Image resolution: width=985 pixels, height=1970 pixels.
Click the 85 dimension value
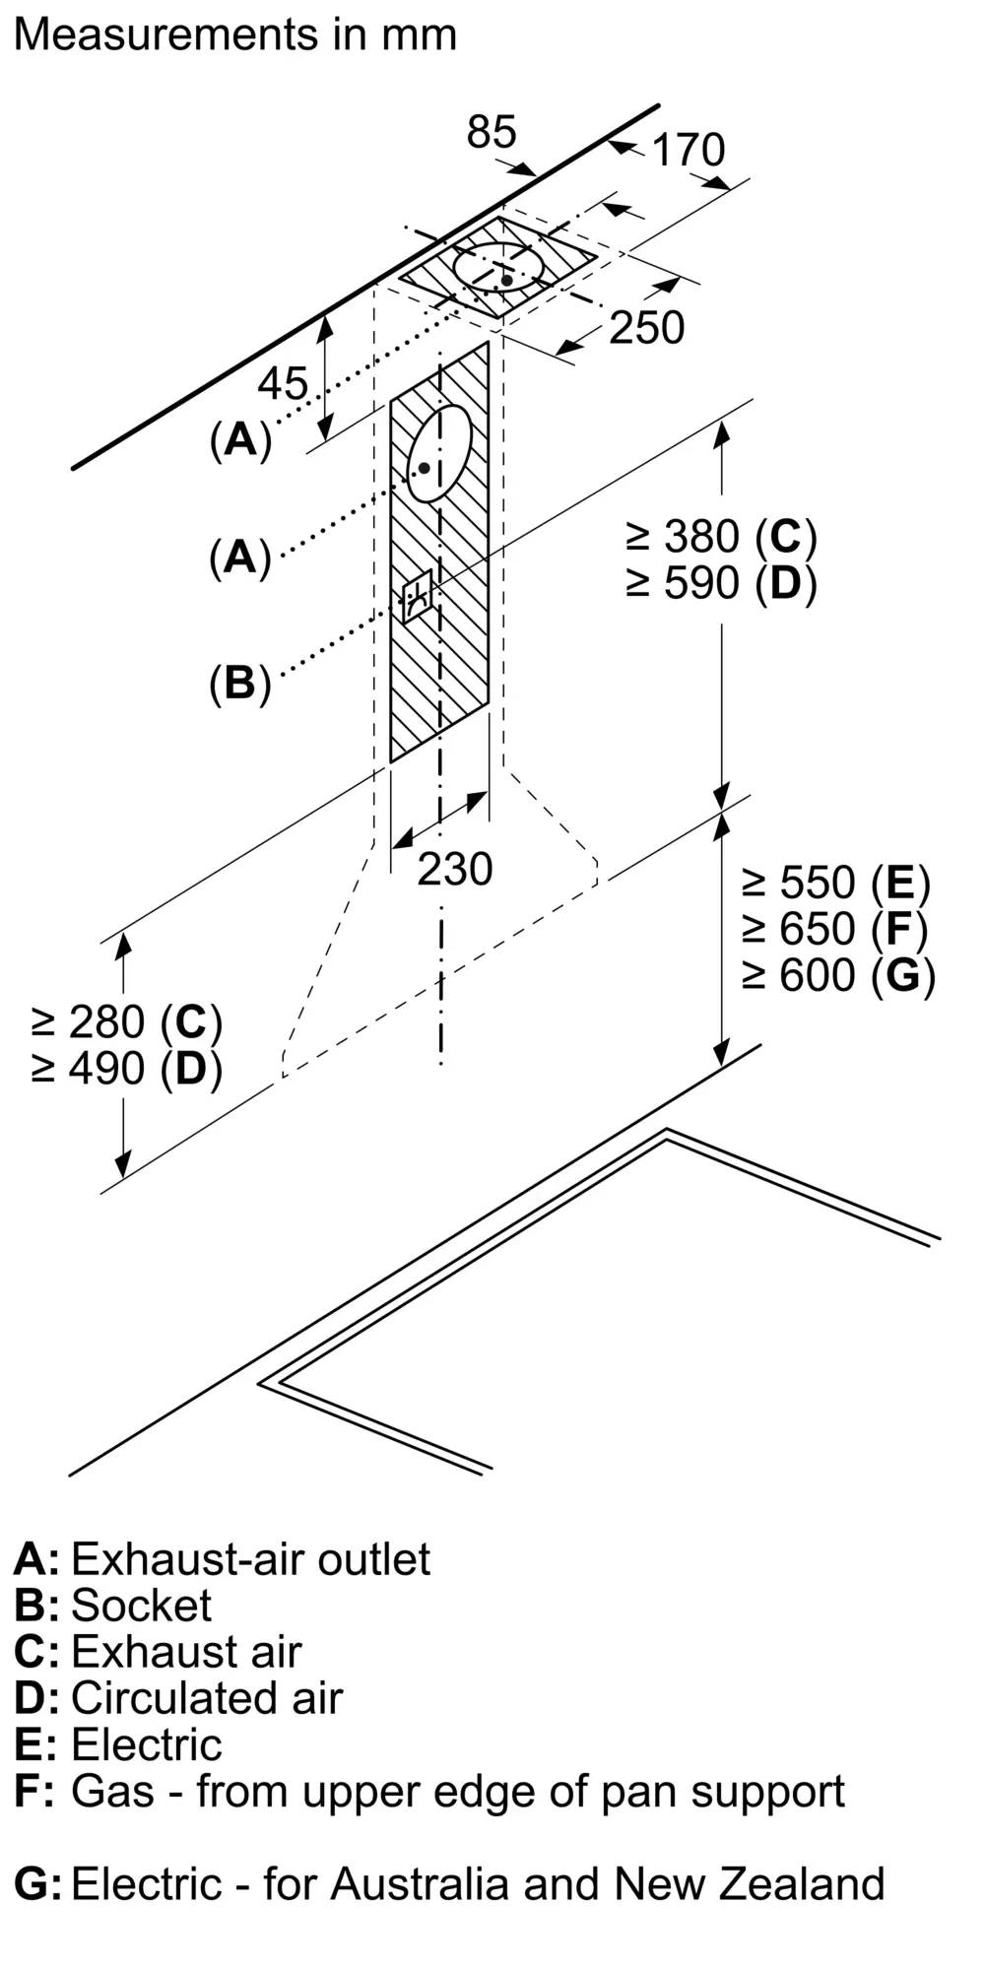(492, 132)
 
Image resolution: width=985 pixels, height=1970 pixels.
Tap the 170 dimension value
(689, 150)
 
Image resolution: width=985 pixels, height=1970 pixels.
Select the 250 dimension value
(646, 328)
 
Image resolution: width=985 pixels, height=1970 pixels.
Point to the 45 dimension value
(284, 383)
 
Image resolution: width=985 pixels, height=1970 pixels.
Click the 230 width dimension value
(454, 869)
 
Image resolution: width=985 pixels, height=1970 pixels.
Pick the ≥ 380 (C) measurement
(721, 537)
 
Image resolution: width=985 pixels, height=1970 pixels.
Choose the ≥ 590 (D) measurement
(721, 583)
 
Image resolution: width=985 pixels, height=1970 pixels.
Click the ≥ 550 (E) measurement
(836, 883)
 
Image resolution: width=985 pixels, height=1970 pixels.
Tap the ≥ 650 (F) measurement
(836, 929)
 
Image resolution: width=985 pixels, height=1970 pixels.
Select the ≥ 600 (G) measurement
(838, 975)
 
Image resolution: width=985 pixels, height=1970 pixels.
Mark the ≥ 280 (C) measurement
(127, 1022)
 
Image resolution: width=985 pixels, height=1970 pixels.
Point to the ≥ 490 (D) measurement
(127, 1069)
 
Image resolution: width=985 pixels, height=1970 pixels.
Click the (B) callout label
(239, 683)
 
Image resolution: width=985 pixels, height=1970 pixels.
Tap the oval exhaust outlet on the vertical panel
(439, 453)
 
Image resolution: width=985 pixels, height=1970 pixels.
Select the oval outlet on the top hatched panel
(499, 267)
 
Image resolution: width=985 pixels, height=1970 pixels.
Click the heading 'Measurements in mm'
(235, 35)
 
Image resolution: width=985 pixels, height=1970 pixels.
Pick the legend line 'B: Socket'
(112, 1605)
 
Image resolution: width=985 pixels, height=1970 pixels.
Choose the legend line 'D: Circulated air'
(178, 1698)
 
